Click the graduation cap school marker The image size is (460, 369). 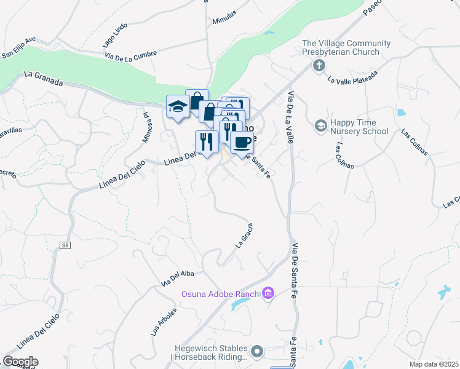[178, 107]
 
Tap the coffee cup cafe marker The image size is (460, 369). [242, 143]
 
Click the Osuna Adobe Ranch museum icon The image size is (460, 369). [268, 293]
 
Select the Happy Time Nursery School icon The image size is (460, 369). [320, 126]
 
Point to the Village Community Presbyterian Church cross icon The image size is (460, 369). [319, 65]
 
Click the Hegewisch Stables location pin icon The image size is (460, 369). [256, 352]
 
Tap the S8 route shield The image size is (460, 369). [65, 245]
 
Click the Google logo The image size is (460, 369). [20, 362]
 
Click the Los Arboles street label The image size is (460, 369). [164, 321]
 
